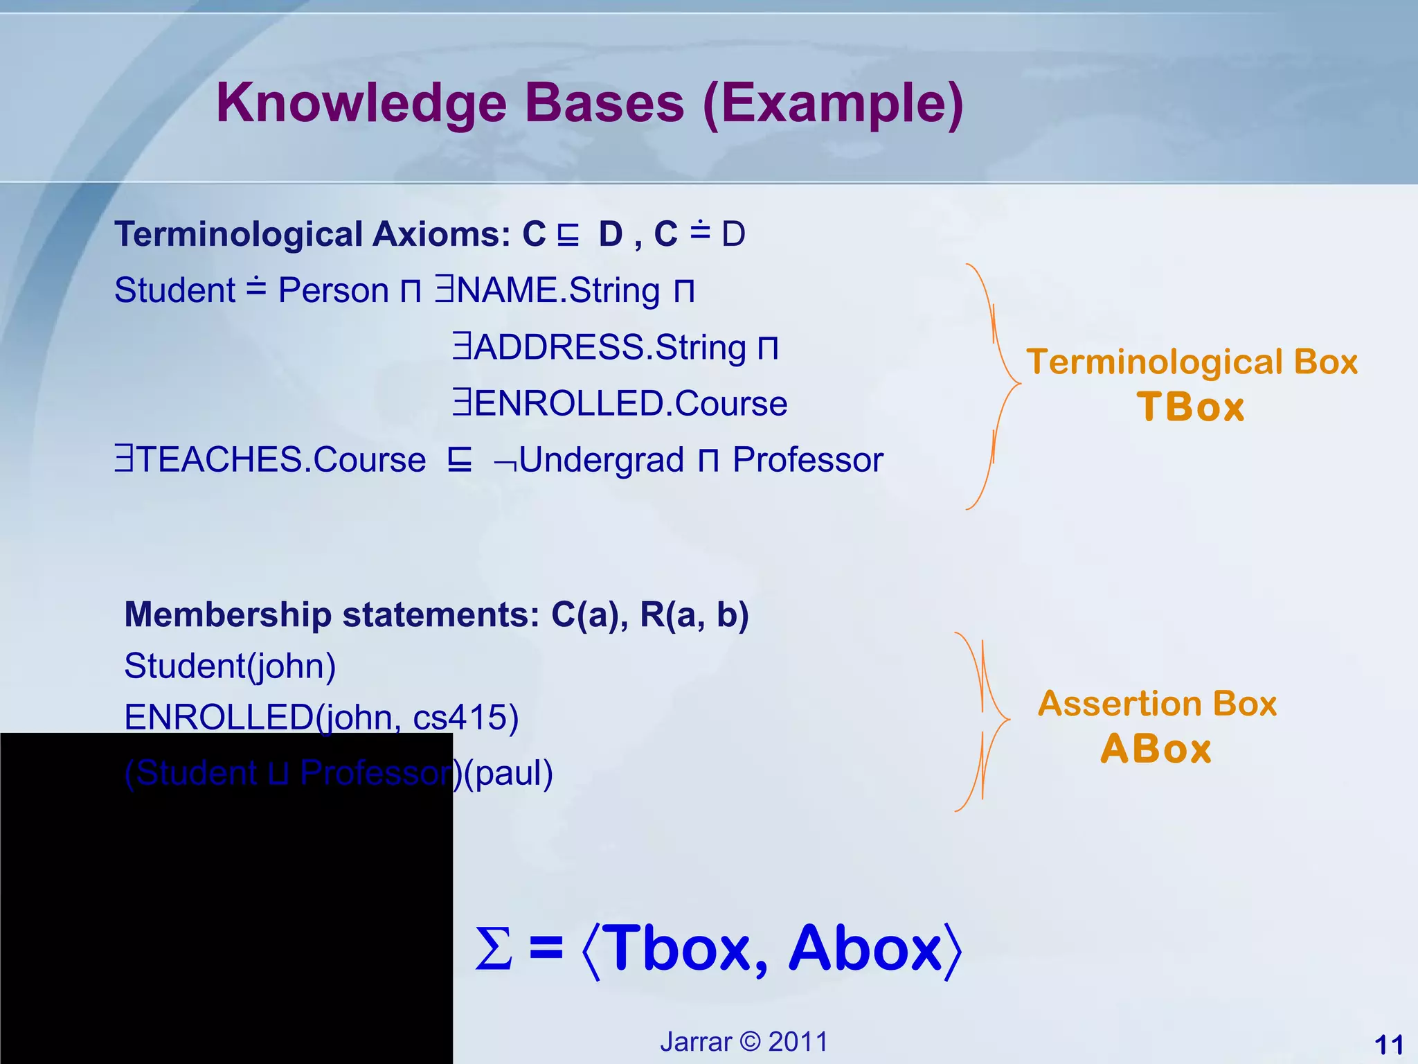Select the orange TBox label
point(1190,407)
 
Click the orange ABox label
point(1156,749)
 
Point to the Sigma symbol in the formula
point(494,949)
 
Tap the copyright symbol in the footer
point(750,1042)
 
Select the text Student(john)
point(230,666)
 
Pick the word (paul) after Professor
point(508,773)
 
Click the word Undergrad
point(601,460)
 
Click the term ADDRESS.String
point(609,347)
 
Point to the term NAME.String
point(557,290)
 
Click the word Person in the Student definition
point(333,290)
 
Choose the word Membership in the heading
point(228,614)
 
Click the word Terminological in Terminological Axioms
point(238,234)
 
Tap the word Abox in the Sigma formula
point(865,949)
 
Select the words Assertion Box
point(1157,704)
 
